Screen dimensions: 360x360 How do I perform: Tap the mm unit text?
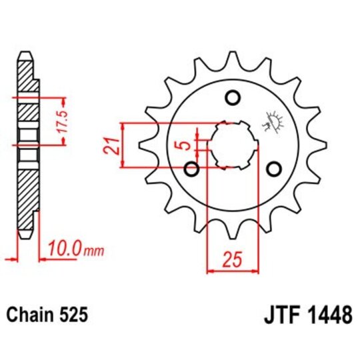pos(95,251)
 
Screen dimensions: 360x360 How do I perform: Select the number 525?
pos(73,313)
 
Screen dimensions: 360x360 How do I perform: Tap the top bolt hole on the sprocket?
pos(233,99)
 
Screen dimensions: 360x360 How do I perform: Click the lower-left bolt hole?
pos(192,169)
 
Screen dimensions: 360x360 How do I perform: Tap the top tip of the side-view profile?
pos(25,53)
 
